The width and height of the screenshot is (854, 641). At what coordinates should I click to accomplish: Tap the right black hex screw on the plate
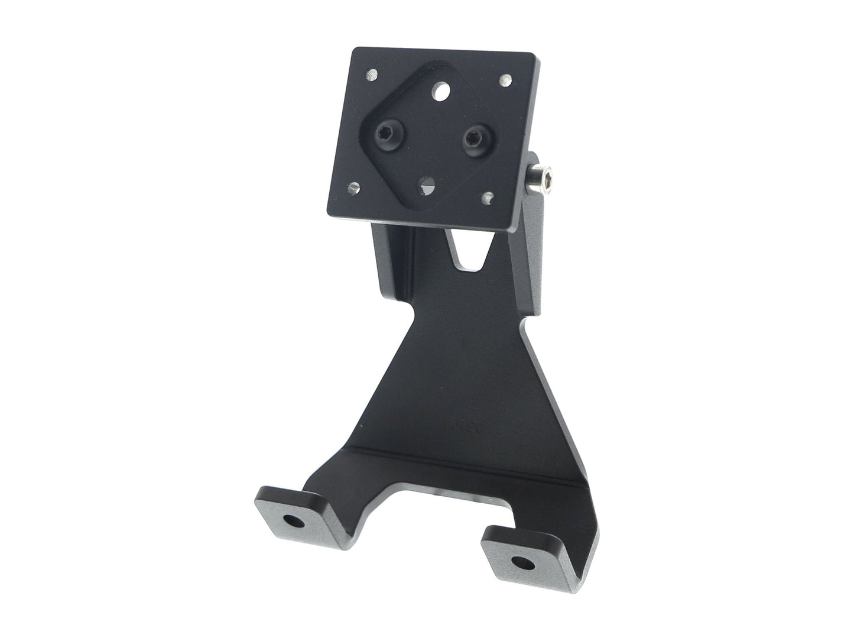click(473, 140)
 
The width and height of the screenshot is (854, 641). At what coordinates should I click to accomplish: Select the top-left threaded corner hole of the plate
click(371, 75)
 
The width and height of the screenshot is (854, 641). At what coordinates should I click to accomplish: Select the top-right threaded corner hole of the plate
click(506, 79)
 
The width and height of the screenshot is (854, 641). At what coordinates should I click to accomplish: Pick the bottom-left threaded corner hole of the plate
click(353, 188)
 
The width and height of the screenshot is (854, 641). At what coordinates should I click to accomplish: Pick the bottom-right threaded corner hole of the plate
click(489, 196)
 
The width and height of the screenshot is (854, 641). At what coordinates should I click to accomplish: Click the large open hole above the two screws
click(440, 92)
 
